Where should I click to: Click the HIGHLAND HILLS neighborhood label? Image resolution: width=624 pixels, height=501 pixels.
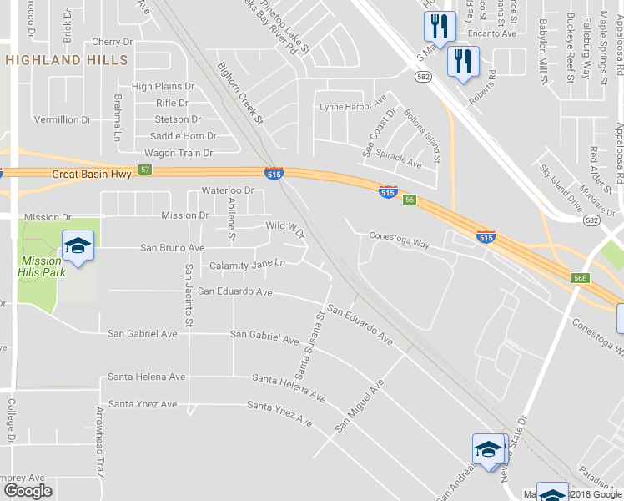66,60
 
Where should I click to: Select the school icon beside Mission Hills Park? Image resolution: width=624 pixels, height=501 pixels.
78,246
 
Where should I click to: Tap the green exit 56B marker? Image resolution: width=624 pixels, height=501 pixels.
581,277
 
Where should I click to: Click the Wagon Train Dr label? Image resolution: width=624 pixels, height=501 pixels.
179,154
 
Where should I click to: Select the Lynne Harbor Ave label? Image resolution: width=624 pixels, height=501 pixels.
354,107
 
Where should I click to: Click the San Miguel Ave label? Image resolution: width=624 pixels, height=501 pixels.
360,406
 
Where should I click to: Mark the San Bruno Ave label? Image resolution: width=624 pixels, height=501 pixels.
172,248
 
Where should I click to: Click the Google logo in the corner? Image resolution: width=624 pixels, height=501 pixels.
28,491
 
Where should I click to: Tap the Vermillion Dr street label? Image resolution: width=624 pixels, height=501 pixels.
63,120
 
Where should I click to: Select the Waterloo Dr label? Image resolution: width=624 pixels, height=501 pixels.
227,190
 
